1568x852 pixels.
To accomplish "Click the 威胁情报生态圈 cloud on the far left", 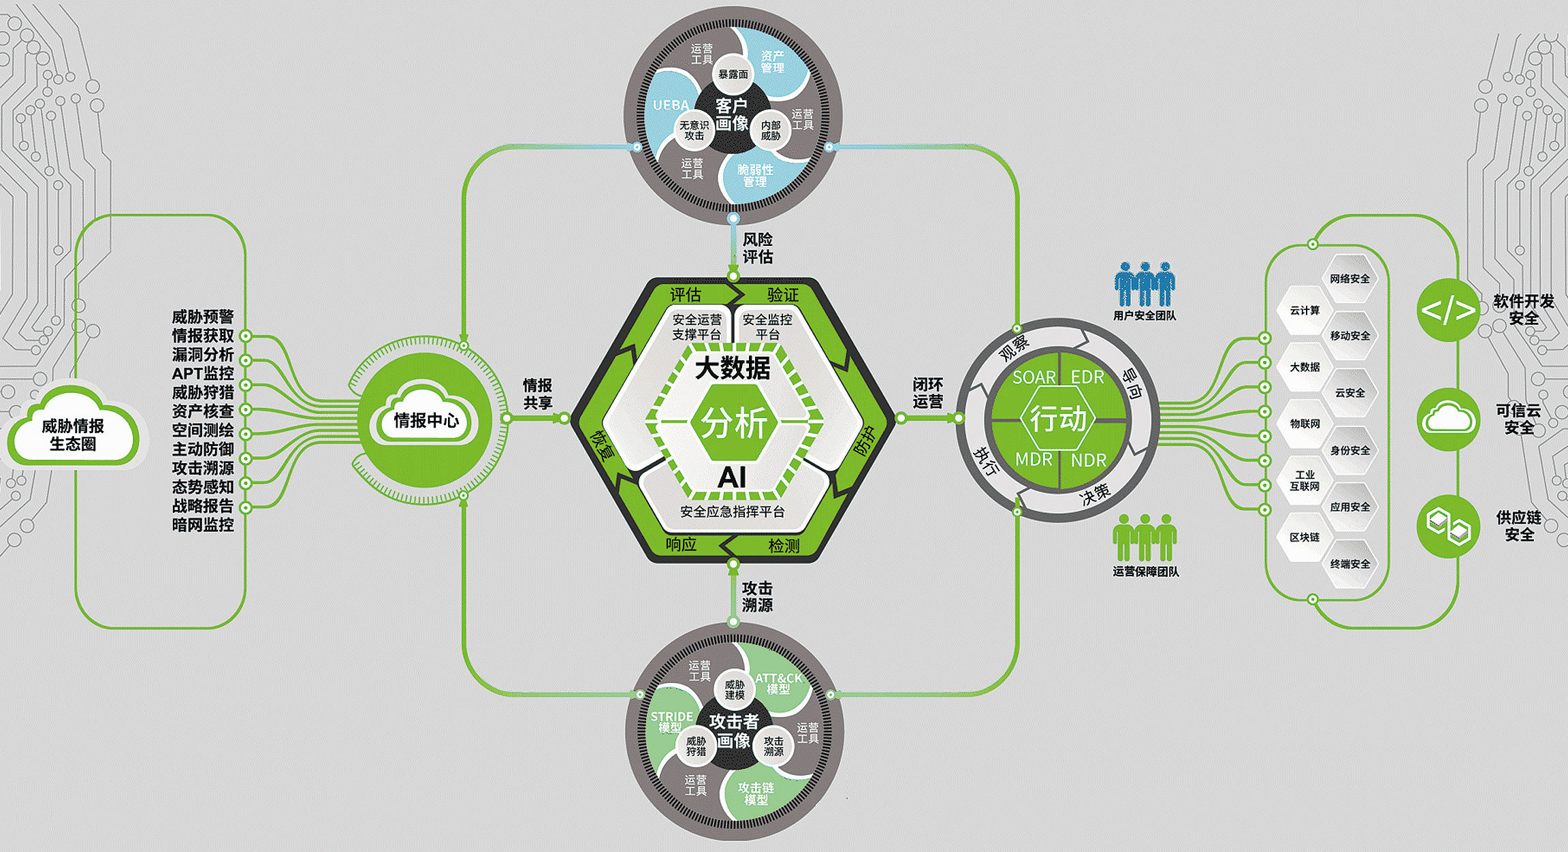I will pyautogui.click(x=73, y=429).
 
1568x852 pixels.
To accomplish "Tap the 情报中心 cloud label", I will pyautogui.click(x=426, y=420).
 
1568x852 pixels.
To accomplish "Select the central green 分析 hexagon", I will pyautogui.click(x=733, y=423).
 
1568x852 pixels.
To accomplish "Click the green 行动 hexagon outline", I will pyautogui.click(x=1058, y=419).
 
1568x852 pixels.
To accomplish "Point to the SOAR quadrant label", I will pyautogui.click(x=1034, y=377).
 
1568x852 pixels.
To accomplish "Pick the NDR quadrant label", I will pyautogui.click(x=1089, y=460).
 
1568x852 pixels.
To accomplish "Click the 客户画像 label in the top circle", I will pyautogui.click(x=732, y=114).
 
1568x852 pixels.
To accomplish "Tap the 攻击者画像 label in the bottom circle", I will pyautogui.click(x=734, y=731).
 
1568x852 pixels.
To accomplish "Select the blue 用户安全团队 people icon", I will pyautogui.click(x=1145, y=284).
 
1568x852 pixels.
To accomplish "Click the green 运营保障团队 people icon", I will pyautogui.click(x=1145, y=537).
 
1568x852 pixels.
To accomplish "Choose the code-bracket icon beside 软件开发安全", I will pyautogui.click(x=1448, y=311).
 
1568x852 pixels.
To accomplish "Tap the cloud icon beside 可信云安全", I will pyautogui.click(x=1448, y=418).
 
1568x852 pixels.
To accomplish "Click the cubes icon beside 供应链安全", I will pyautogui.click(x=1448, y=526).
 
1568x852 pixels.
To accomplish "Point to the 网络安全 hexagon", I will pyautogui.click(x=1349, y=279).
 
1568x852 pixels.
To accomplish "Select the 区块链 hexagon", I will pyautogui.click(x=1305, y=537).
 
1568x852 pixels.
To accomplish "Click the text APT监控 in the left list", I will pyautogui.click(x=203, y=373).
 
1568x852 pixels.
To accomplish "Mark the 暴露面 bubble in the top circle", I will pyautogui.click(x=733, y=74).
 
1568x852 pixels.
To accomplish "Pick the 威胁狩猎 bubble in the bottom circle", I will pyautogui.click(x=696, y=746).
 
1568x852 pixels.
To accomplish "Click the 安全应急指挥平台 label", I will pyautogui.click(x=733, y=511).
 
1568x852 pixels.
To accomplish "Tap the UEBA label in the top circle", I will pyautogui.click(x=671, y=106).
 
